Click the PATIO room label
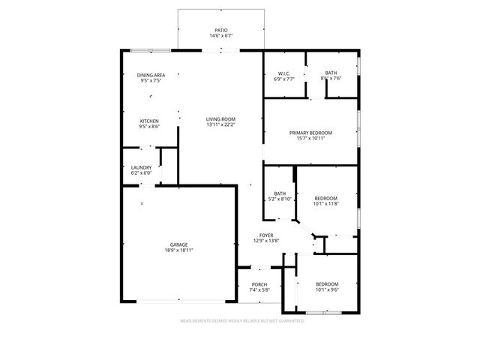[221, 30]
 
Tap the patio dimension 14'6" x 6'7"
[221, 35]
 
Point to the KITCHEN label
[149, 121]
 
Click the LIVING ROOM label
[221, 118]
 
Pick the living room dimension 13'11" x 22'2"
[221, 124]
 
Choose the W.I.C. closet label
[283, 73]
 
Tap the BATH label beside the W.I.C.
[331, 73]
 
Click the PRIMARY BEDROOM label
[310, 133]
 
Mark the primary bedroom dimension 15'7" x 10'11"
[310, 139]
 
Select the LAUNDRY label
[141, 167]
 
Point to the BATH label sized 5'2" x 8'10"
[280, 193]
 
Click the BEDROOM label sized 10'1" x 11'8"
[325, 198]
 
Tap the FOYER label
[267, 235]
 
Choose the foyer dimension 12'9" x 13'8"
[267, 241]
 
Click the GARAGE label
[178, 244]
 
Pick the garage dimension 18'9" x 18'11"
[178, 250]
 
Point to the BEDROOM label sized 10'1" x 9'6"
[327, 283]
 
